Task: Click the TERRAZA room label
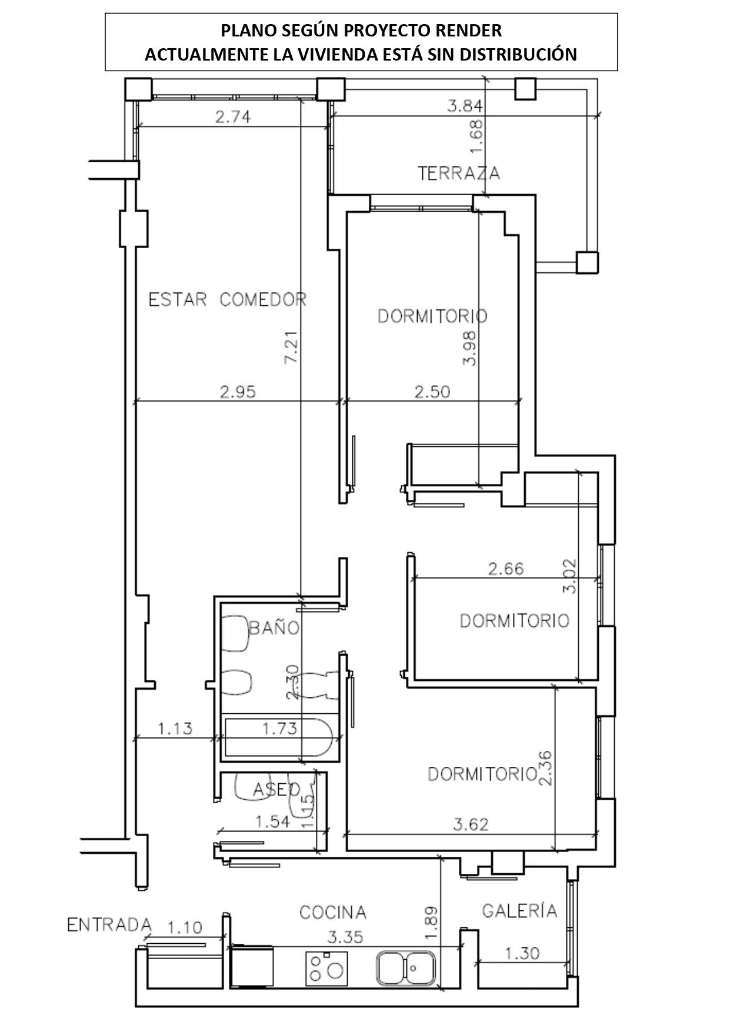click(459, 173)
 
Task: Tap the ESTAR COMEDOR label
click(228, 300)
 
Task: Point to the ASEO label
click(277, 790)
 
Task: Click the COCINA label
click(333, 913)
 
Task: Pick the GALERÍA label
click(519, 910)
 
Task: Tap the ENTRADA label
click(109, 925)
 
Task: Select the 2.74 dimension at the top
click(233, 117)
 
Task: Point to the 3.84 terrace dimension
click(465, 106)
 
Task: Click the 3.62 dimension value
click(471, 824)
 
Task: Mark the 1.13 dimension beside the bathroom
click(175, 729)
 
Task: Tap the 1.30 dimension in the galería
click(522, 953)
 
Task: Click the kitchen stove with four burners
click(325, 968)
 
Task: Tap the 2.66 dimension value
click(506, 569)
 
